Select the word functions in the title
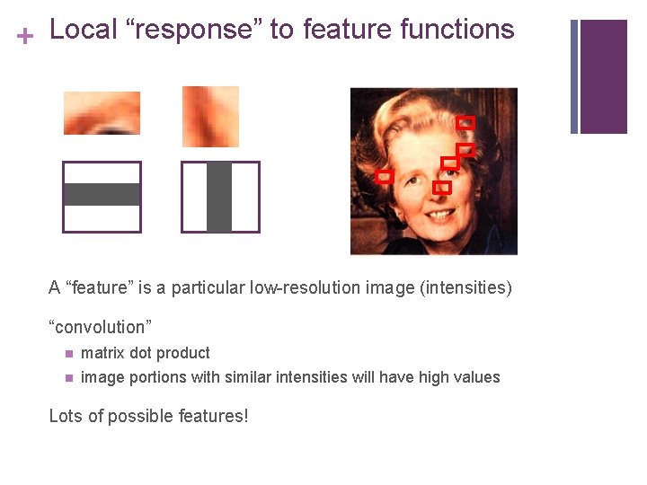456,30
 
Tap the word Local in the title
84,30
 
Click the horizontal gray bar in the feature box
102,195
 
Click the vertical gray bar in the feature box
219,197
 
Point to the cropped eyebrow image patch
102,113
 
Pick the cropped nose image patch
210,116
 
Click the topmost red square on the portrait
465,122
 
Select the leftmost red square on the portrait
385,177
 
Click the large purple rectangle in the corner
604,76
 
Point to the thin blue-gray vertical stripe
574,76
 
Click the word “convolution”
101,327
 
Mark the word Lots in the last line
66,416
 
